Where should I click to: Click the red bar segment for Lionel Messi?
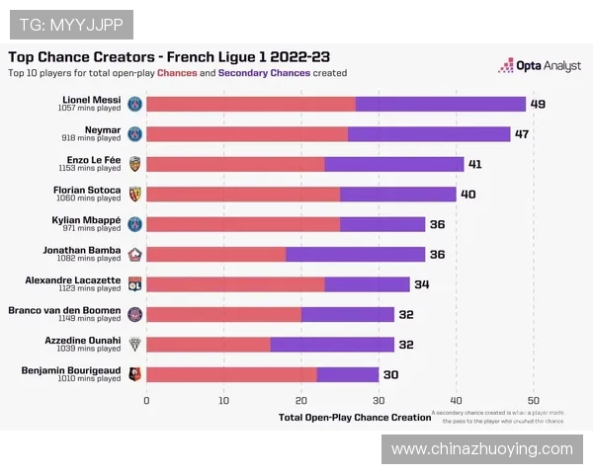[250, 104]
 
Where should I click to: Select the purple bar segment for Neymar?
[429, 133]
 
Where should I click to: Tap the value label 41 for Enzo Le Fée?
[475, 164]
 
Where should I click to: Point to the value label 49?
[538, 104]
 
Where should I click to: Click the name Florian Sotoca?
[87, 189]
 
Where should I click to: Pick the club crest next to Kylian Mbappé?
[135, 224]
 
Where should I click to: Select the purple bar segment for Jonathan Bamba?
[356, 254]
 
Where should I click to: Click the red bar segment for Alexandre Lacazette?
[235, 284]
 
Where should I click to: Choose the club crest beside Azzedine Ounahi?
[135, 344]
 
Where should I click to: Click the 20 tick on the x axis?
[301, 399]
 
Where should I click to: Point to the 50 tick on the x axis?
[533, 399]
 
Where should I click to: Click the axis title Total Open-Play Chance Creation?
[355, 417]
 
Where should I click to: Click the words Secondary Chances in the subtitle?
[264, 73]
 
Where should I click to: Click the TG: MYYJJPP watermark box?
[70, 24]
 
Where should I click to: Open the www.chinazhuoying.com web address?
[481, 449]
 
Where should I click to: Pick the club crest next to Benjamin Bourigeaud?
[135, 374]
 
